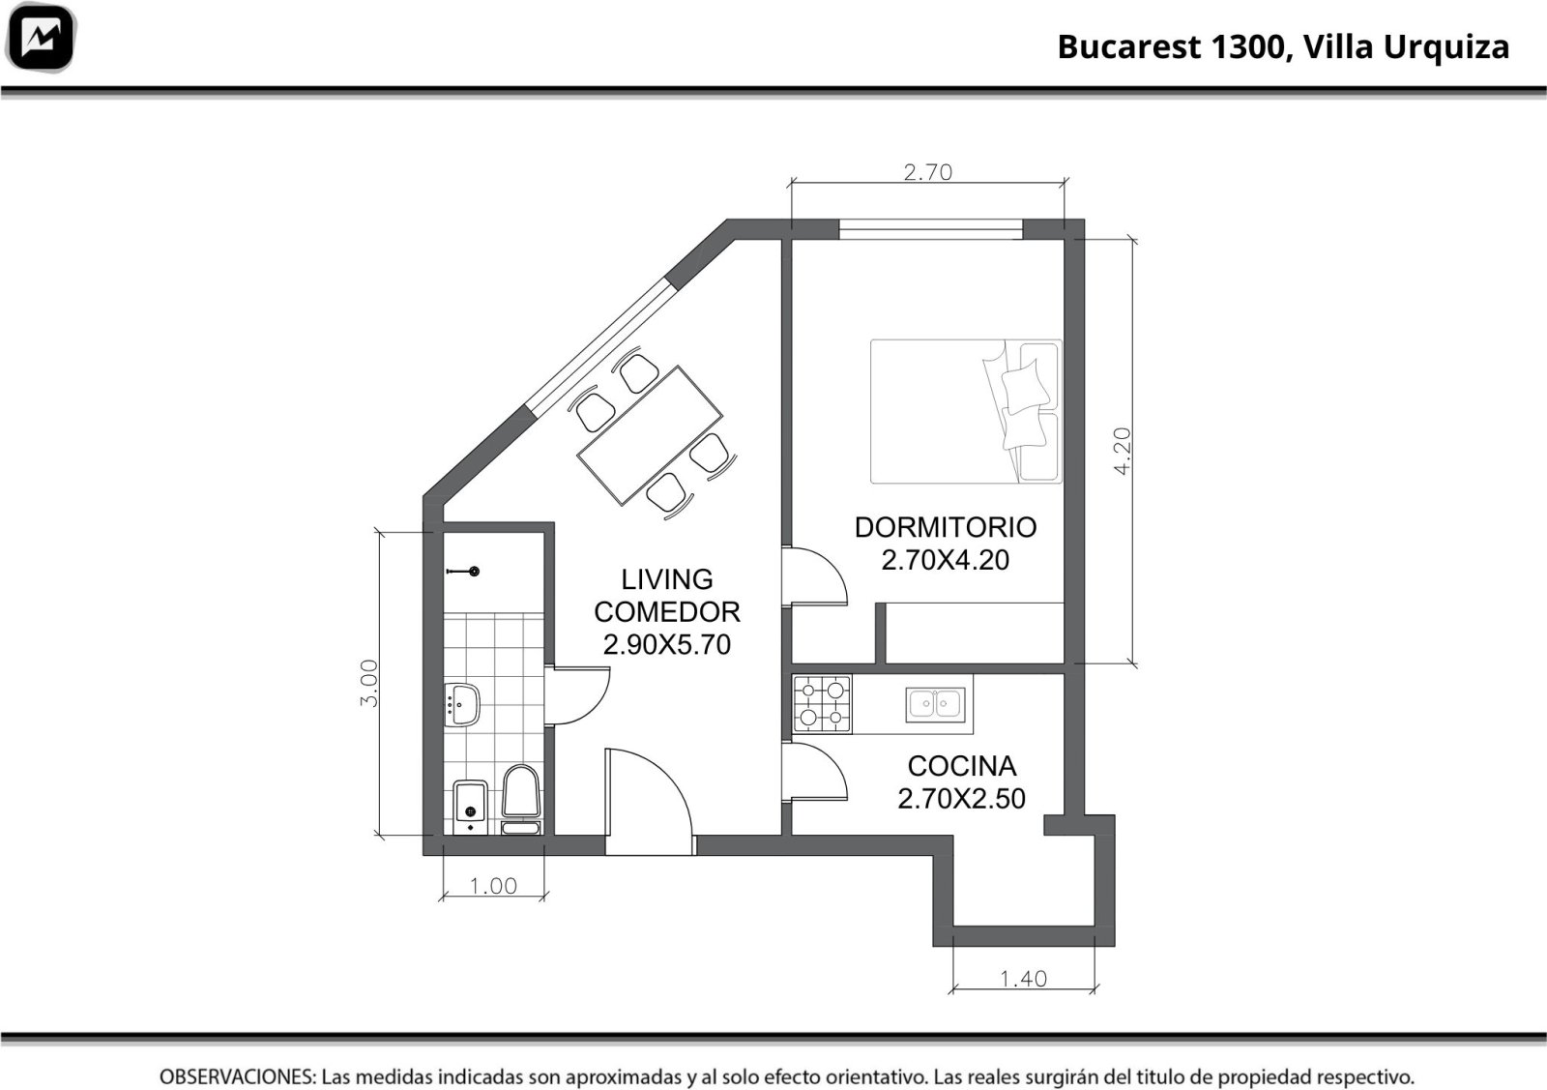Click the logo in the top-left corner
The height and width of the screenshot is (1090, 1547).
pyautogui.click(x=40, y=38)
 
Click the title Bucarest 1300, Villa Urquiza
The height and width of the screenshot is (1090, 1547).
pyautogui.click(x=1283, y=47)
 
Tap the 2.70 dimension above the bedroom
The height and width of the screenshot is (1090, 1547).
pyautogui.click(x=927, y=172)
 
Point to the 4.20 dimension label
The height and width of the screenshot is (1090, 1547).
pyautogui.click(x=1123, y=451)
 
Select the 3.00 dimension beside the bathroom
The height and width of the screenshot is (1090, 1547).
pyautogui.click(x=369, y=683)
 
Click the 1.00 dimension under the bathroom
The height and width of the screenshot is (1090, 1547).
pyautogui.click(x=493, y=886)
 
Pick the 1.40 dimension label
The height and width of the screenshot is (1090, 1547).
pyautogui.click(x=1024, y=979)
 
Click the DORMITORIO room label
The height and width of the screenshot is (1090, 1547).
pyautogui.click(x=946, y=528)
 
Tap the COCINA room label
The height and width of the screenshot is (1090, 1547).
pyautogui.click(x=961, y=766)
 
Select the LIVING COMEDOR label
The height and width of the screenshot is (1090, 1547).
pyautogui.click(x=666, y=596)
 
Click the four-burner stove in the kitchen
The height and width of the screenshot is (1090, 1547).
pyautogui.click(x=822, y=704)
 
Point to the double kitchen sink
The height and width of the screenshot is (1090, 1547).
pyautogui.click(x=935, y=704)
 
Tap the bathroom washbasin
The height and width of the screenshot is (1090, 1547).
pyautogui.click(x=461, y=704)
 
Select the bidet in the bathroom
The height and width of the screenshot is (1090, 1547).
pyautogui.click(x=471, y=807)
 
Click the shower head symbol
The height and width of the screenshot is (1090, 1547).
pyautogui.click(x=463, y=572)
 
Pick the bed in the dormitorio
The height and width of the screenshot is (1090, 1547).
pyautogui.click(x=966, y=412)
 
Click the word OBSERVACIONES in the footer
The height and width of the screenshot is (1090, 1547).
pyautogui.click(x=238, y=1076)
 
